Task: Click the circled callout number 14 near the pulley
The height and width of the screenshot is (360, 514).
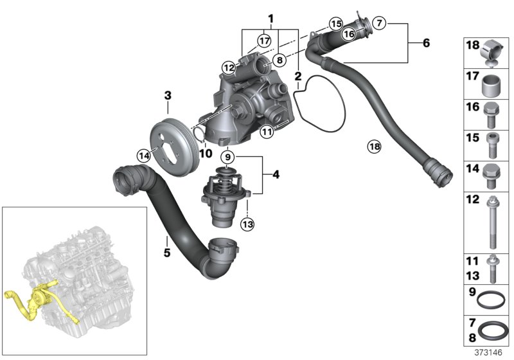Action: pyautogui.click(x=143, y=154)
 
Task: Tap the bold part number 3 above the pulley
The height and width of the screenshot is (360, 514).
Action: pyautogui.click(x=168, y=96)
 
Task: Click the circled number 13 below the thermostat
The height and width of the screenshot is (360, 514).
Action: pyautogui.click(x=247, y=224)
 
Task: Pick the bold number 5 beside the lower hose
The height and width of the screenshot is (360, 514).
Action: pyautogui.click(x=166, y=253)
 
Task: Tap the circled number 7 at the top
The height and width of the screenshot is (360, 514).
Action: pyautogui.click(x=380, y=23)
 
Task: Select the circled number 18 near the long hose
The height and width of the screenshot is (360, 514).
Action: pyautogui.click(x=374, y=147)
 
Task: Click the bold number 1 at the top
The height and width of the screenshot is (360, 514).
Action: pyautogui.click(x=271, y=17)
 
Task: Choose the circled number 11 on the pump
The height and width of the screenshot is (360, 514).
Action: pyautogui.click(x=268, y=132)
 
